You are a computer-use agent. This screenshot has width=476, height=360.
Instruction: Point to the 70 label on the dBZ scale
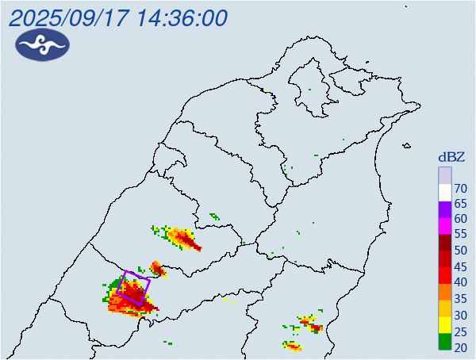point(460,188)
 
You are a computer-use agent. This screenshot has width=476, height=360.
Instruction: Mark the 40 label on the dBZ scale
point(460,283)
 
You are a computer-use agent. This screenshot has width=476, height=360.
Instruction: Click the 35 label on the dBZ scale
point(460,299)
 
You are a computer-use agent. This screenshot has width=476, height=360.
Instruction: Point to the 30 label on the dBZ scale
point(460,315)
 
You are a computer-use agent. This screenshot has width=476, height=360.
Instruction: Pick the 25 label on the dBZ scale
point(460,331)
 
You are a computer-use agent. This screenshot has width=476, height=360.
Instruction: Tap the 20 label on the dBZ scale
point(460,347)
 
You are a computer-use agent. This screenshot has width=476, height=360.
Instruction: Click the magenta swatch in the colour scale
point(445,225)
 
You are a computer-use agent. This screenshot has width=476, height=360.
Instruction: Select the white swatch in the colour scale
point(445,191)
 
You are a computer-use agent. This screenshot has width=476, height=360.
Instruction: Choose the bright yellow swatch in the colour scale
point(445,324)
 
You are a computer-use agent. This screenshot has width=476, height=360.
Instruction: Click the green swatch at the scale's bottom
point(445,342)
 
